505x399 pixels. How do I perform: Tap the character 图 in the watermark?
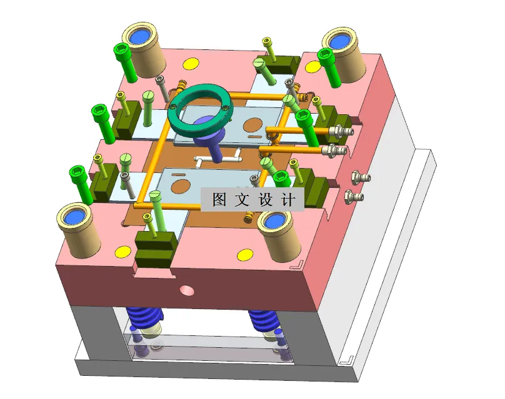click(219, 200)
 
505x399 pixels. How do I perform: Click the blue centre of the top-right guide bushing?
click(341, 42)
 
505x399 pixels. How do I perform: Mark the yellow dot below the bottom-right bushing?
click(243, 255)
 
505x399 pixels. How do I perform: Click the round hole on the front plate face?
click(185, 290)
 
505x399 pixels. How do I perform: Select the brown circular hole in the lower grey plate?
click(182, 185)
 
